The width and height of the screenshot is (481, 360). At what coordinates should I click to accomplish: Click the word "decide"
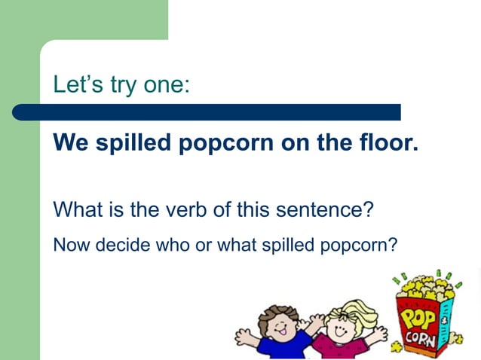click(x=113, y=245)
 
